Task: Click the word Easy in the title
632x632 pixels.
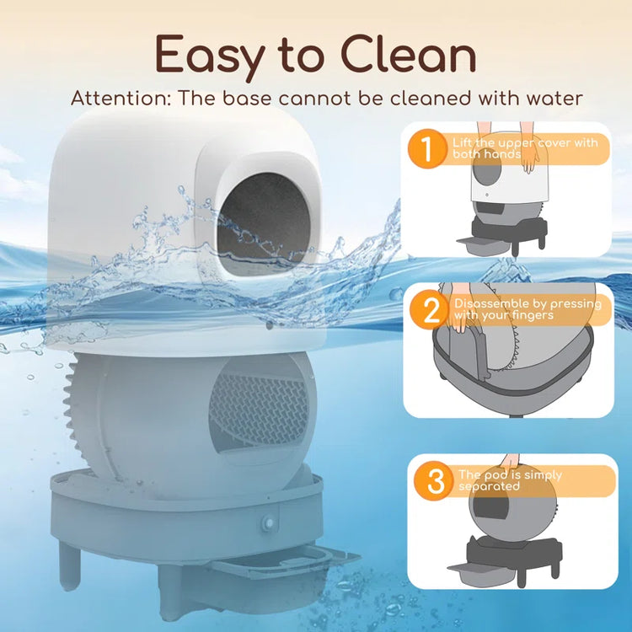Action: pyautogui.click(x=205, y=56)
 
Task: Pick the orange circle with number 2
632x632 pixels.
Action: pyautogui.click(x=431, y=310)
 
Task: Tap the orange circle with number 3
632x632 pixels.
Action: pyautogui.click(x=435, y=481)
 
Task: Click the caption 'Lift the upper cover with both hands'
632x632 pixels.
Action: pyautogui.click(x=524, y=148)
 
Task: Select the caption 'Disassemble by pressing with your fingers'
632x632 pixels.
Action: pyautogui.click(x=527, y=309)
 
